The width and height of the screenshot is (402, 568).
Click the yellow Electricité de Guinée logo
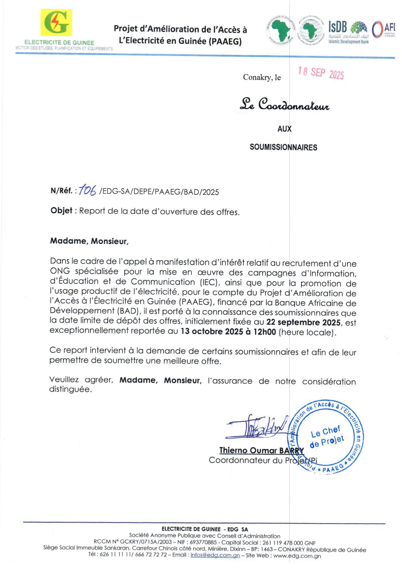(56, 22)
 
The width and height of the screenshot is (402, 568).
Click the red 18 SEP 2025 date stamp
(321, 73)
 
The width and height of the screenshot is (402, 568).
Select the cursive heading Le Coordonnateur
(284, 105)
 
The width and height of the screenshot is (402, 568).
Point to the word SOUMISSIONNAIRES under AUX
(283, 148)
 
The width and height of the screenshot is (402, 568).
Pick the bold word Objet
(61, 211)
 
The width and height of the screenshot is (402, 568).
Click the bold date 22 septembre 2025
(303, 322)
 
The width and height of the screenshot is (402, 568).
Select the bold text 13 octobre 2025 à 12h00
(228, 332)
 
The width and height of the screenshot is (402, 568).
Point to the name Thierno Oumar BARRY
(262, 451)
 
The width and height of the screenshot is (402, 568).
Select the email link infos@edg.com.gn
(215, 555)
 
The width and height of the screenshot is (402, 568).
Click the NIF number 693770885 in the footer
(203, 542)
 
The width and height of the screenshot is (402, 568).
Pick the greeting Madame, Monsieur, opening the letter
(89, 241)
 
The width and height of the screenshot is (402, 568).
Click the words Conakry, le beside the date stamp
(262, 77)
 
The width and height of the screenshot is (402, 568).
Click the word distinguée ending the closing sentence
(70, 389)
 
